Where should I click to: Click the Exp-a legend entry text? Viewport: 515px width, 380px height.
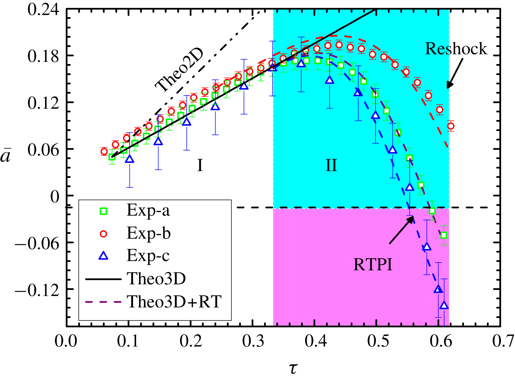point(148,210)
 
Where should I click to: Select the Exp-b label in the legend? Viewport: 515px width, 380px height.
point(149,233)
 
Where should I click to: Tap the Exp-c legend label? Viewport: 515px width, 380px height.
point(148,256)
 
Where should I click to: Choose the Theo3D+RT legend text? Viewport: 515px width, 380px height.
point(174,302)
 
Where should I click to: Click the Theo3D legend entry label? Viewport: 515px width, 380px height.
point(156,279)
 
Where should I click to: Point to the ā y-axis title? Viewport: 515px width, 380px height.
point(5,156)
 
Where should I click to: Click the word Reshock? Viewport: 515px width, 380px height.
point(456,49)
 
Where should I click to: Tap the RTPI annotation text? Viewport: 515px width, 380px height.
point(373,264)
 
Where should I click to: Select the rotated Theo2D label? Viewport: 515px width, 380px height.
point(179,70)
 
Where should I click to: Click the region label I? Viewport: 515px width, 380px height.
point(200,165)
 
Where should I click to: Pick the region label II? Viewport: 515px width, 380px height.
point(331,165)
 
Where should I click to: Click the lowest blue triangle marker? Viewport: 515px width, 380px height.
point(444,305)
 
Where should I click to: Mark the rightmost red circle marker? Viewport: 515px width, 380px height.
point(451,126)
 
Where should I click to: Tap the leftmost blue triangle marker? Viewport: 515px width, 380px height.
point(130,159)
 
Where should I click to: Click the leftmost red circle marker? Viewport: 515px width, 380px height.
point(104,151)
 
